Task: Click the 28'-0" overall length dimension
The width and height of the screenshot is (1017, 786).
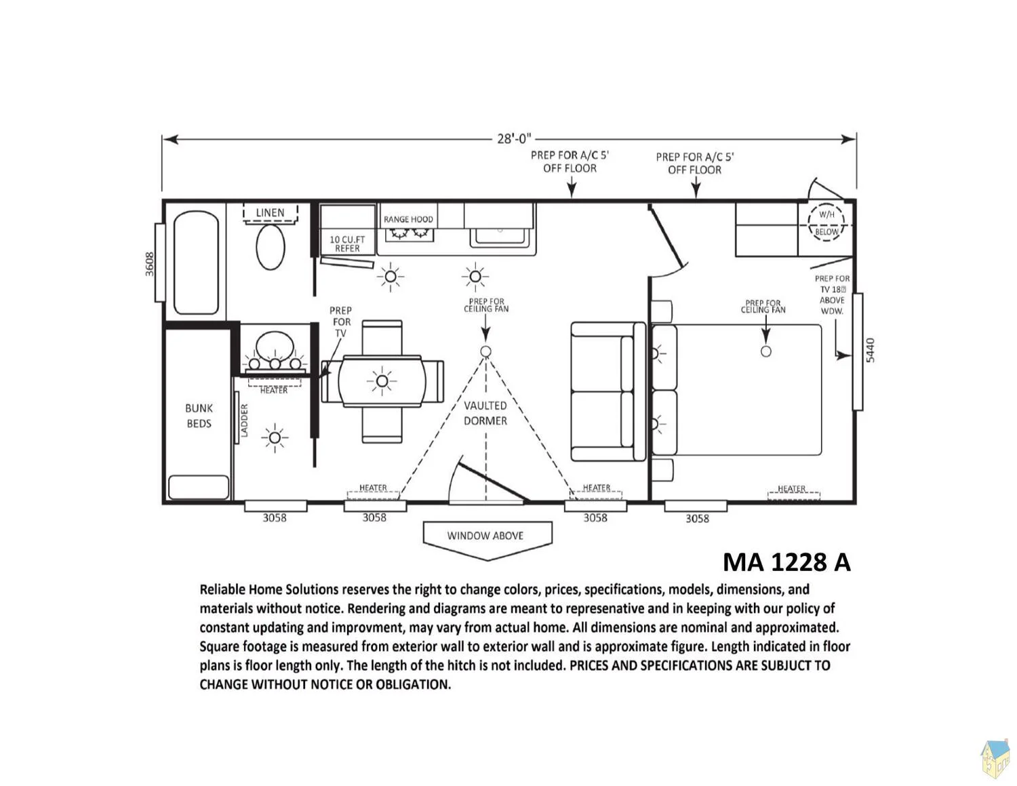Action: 514,138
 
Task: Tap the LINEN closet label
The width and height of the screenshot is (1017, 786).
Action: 270,212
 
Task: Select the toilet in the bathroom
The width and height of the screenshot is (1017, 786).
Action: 271,247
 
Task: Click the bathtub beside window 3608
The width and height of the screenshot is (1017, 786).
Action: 196,262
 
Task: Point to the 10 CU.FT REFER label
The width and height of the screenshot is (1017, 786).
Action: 347,243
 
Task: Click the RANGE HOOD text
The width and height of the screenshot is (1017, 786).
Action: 408,219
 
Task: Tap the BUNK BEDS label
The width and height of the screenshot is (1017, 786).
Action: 199,415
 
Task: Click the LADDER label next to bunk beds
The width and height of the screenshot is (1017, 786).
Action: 244,420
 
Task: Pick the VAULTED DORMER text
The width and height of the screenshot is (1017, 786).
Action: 485,413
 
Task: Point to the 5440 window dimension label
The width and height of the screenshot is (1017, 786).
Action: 870,350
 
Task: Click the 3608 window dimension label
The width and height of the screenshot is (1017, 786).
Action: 149,264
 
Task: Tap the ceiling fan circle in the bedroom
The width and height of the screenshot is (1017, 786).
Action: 765,351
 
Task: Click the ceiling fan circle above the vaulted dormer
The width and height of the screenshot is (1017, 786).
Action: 486,351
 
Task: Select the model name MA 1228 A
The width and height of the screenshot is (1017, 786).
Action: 786,562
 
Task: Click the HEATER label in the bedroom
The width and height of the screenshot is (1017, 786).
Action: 791,488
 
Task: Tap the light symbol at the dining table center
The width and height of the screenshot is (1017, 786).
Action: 382,381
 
